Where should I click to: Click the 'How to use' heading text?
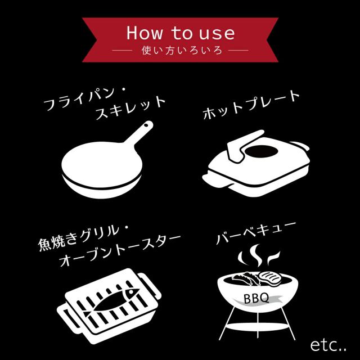click(180, 33)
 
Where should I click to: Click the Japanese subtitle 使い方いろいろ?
click(180, 51)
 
